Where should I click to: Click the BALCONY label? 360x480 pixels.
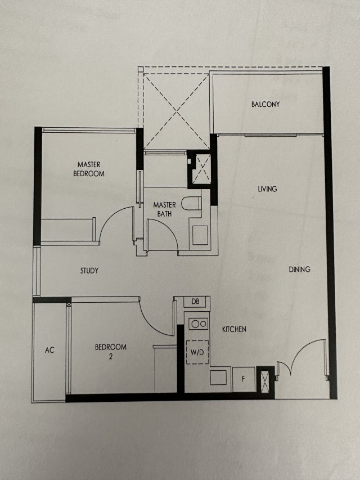point(265,105)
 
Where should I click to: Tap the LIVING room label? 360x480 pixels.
point(267,189)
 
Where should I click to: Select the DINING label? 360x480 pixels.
point(300,270)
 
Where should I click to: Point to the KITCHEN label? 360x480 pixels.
point(234,329)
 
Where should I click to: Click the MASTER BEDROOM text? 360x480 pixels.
point(89,169)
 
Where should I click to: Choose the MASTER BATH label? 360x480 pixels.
point(165,209)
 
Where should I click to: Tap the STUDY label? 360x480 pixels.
point(89,271)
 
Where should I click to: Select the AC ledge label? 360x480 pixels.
point(49,350)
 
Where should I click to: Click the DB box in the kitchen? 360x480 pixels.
point(196,302)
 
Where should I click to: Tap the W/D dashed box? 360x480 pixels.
point(197,352)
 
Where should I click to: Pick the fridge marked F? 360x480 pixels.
point(244,379)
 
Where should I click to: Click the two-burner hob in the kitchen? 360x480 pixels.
point(199,324)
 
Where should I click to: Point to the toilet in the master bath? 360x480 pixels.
point(191,203)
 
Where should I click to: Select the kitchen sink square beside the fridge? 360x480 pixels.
point(218,377)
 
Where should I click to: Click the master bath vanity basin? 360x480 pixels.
point(200,235)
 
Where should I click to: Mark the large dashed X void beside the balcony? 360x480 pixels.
point(177,111)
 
